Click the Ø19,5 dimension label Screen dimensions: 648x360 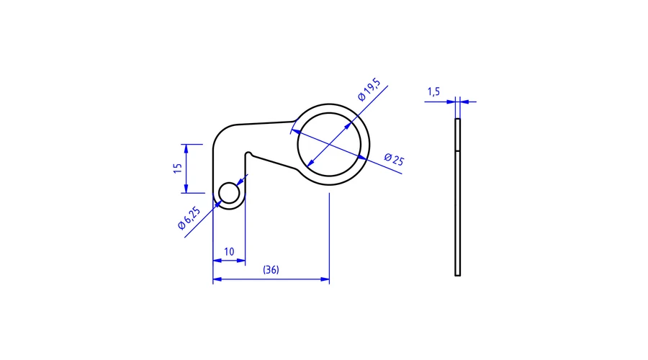pyautogui.click(x=369, y=89)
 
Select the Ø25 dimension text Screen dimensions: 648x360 pyautogui.click(x=394, y=159)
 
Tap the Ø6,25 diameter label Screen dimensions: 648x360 pyautogui.click(x=189, y=218)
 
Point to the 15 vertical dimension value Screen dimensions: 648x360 pyautogui.click(x=178, y=168)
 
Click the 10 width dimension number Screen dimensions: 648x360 pyautogui.click(x=229, y=252)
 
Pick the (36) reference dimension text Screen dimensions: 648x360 pyautogui.click(x=271, y=270)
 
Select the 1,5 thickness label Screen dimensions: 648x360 pyautogui.click(x=433, y=91)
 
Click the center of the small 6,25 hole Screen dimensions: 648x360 pyautogui.click(x=229, y=193)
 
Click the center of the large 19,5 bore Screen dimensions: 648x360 pyautogui.click(x=329, y=145)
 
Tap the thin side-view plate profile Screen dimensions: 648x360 pyautogui.click(x=457, y=197)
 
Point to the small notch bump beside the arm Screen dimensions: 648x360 pyautogui.click(x=248, y=154)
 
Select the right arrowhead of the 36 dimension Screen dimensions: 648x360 pyautogui.click(x=325, y=279)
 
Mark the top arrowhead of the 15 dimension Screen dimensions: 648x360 pyautogui.click(x=186, y=149)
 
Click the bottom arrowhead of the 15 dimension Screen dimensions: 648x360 pyautogui.click(x=186, y=188)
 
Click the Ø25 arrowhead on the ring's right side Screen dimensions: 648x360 pyautogui.click(x=362, y=158)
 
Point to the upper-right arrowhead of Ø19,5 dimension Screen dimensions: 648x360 pyautogui.click(x=348, y=126)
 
